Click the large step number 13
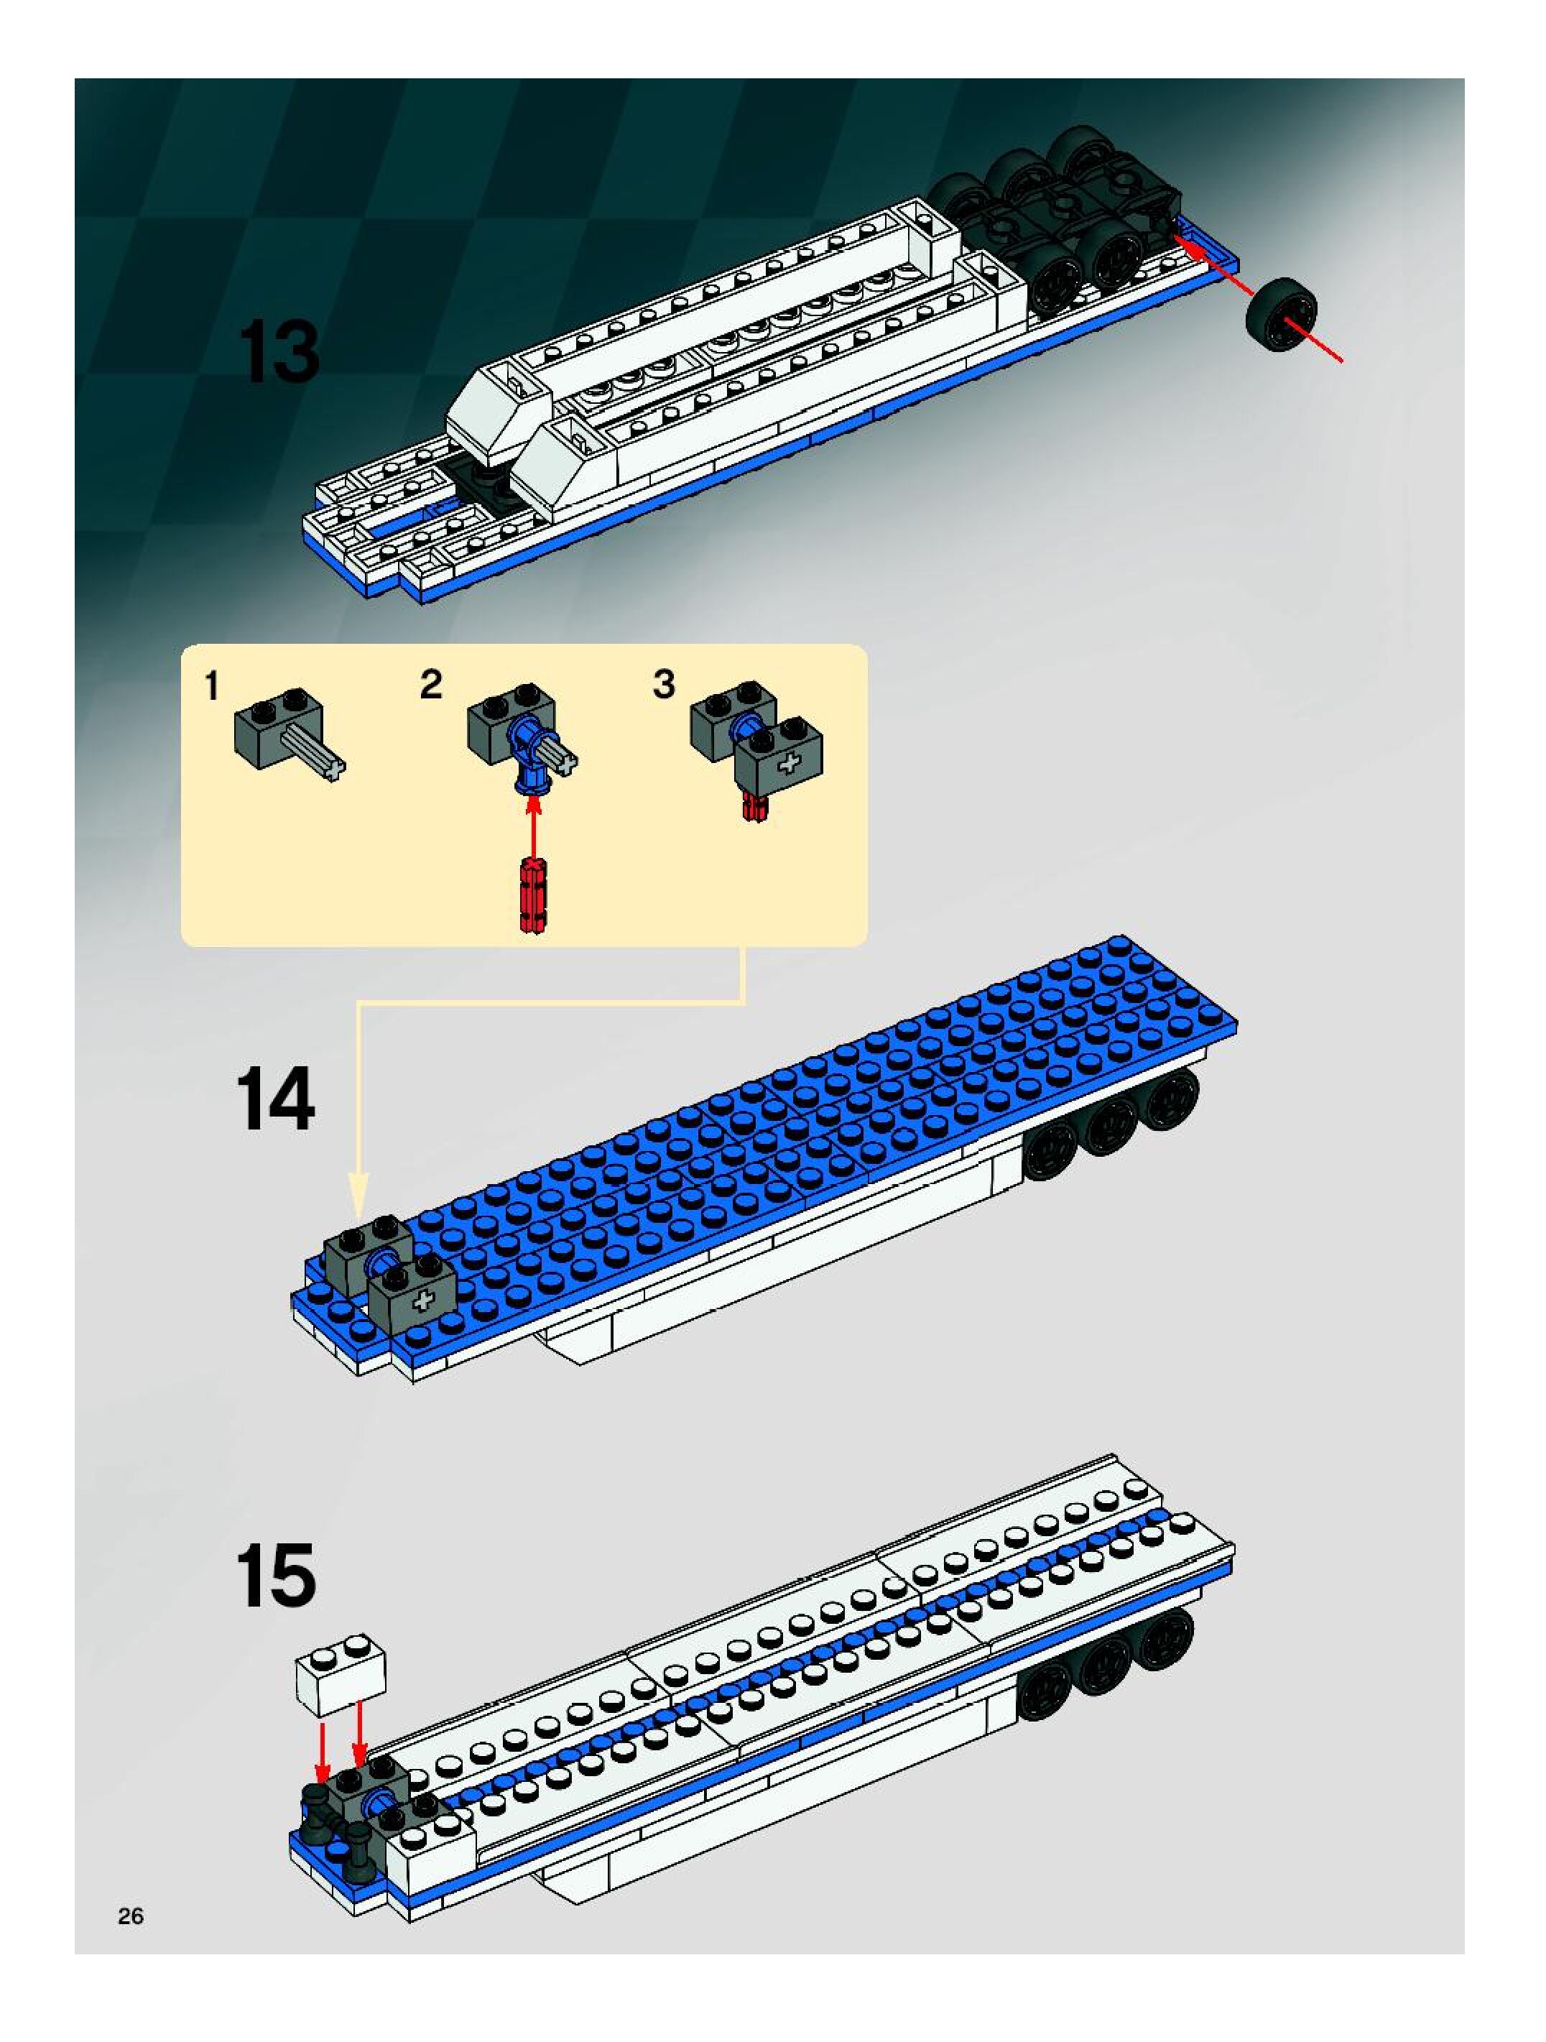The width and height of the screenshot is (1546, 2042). pos(279,353)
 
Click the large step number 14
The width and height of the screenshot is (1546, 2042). pos(276,1098)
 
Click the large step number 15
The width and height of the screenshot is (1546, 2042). pos(276,1575)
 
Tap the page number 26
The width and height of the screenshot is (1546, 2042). pos(130,1916)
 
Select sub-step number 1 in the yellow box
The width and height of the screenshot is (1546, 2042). pos(212,687)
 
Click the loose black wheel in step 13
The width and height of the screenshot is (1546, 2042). pos(1280,314)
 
